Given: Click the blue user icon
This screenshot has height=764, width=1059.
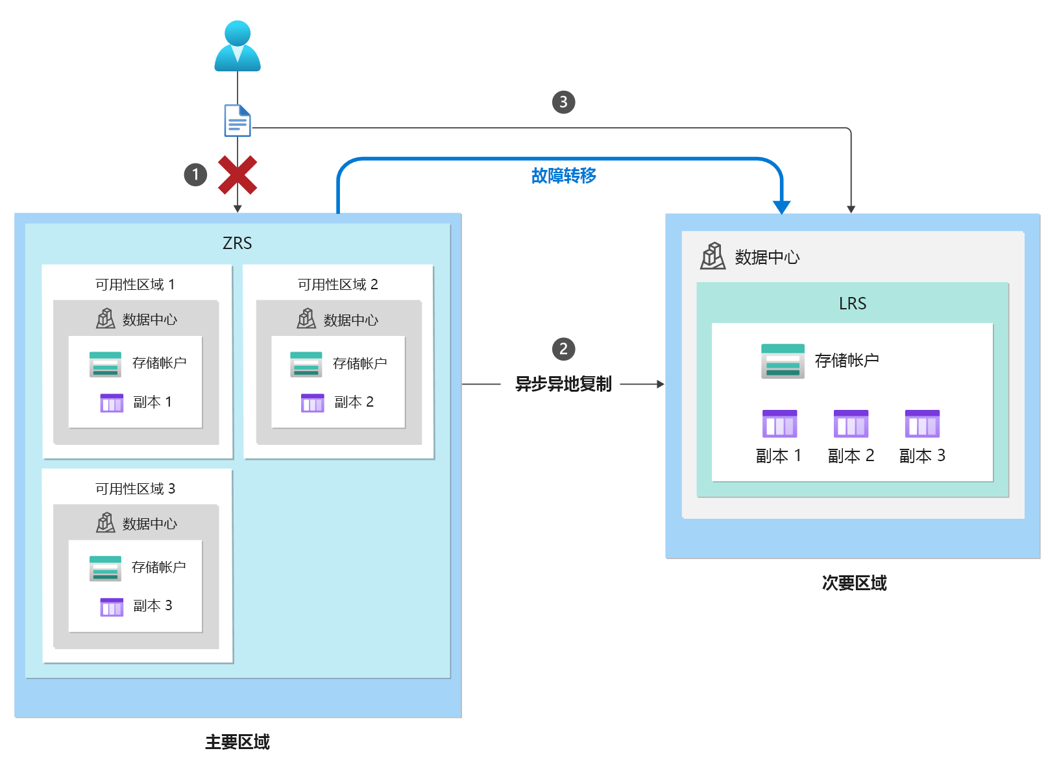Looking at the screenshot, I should pos(237,46).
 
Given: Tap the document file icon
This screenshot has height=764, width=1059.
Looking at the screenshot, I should pos(237,121).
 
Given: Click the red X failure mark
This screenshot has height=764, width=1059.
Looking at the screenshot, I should pos(237,175).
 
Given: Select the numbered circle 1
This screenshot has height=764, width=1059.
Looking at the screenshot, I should pos(195,174).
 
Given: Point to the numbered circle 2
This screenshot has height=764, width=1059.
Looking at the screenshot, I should pos(563,349).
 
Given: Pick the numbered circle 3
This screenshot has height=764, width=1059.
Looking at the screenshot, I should pos(563,102).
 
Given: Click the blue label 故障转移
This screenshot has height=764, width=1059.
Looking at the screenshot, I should pos(563,176).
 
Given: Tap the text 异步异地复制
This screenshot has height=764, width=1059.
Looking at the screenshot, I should pos(563,384).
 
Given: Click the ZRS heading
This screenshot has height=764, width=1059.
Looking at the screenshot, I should pos(237,243).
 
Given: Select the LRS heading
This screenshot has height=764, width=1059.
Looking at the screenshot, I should pos(852,304).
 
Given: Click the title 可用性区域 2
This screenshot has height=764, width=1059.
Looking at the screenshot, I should pos(337,285).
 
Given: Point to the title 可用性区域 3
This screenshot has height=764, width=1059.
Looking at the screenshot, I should pos(135,489).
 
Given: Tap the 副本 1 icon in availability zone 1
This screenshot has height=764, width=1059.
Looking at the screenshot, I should pos(112,403).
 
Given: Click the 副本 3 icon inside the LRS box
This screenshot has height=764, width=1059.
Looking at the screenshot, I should pos(922,424).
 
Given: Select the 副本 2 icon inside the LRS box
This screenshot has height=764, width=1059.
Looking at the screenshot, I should pos(851,424).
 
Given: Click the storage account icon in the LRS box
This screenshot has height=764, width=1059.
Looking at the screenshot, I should pos(783,361).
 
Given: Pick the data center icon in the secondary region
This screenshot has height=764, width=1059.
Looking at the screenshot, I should pos(712,256).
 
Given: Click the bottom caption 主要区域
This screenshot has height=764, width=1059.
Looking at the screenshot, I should pos(237,742).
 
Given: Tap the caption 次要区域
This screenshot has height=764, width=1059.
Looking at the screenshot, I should pos(854,583).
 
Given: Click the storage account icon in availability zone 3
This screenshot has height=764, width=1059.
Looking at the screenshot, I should pos(105,568).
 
